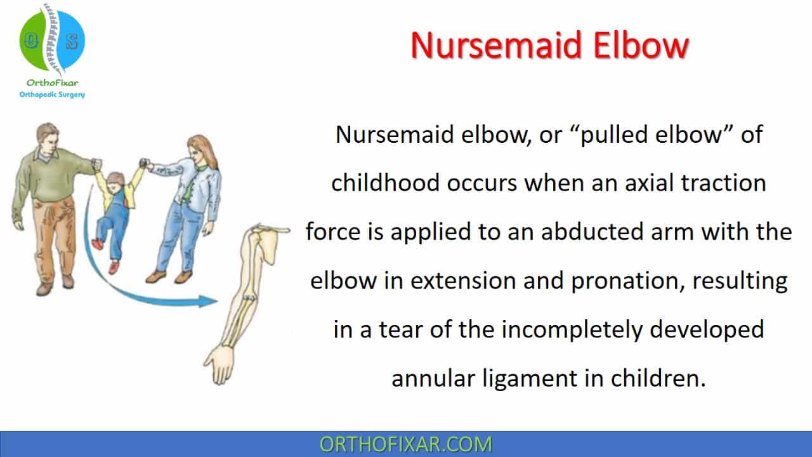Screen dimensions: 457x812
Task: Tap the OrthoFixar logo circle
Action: [52, 40]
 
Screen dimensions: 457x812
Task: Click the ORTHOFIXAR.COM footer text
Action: [405, 444]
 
